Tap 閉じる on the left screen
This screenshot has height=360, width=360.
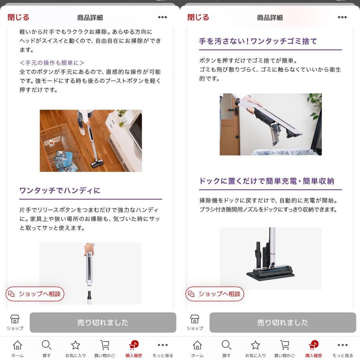coord(18,17)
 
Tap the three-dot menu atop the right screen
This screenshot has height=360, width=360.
coord(342,17)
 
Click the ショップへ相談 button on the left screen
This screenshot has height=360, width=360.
coord(35,294)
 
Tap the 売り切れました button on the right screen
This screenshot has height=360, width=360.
coord(283,322)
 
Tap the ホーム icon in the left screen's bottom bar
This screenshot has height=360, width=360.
coord(17,345)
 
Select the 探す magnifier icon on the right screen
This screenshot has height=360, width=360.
coord(226,345)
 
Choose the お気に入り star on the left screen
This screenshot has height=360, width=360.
coord(76,345)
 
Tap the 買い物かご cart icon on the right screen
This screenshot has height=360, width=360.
coord(285,345)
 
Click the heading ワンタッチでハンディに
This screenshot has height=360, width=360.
coord(60,190)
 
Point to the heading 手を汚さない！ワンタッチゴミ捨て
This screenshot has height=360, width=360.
coord(258,41)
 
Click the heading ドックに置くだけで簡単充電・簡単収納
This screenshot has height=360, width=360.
coord(267,181)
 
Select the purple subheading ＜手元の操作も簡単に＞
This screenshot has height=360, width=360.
coord(52,63)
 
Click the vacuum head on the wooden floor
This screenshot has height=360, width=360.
coord(97,164)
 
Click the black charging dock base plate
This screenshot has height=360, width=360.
coord(270,275)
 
